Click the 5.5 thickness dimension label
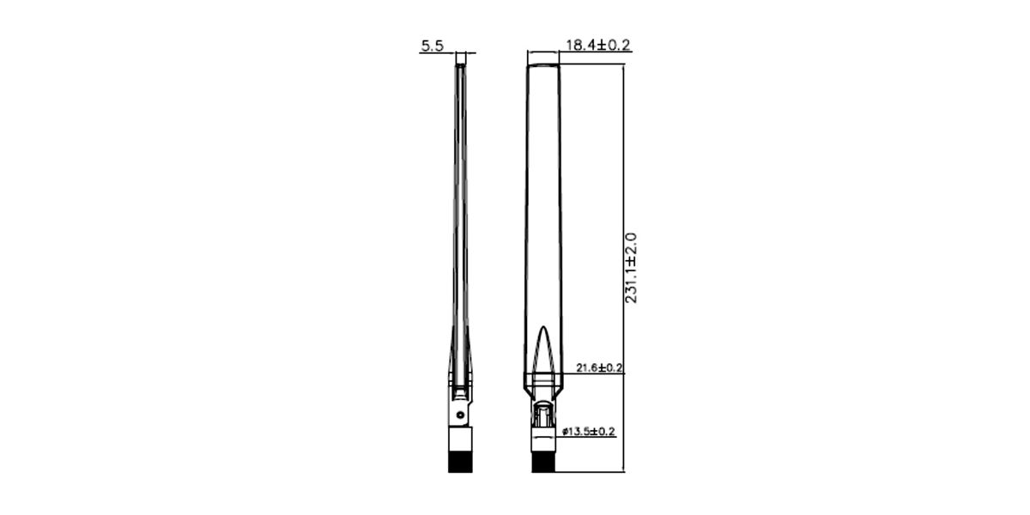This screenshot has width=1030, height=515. [x=433, y=45]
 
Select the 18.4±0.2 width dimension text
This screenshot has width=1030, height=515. [x=597, y=45]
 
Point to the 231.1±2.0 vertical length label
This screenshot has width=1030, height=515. [x=631, y=268]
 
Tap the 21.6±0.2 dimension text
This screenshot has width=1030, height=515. [x=599, y=367]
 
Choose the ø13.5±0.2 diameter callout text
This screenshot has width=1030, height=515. [x=589, y=431]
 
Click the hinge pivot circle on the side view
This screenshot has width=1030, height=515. [x=460, y=415]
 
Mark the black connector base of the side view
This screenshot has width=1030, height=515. [x=460, y=462]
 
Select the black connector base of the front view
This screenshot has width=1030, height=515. [x=543, y=462]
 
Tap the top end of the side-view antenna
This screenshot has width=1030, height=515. [x=460, y=66]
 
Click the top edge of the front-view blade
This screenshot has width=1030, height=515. [x=543, y=65]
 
